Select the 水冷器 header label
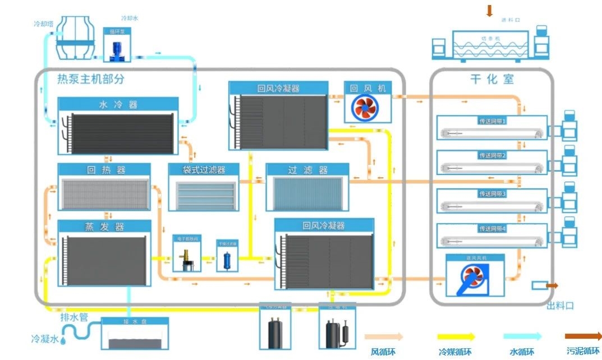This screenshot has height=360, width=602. [118, 104]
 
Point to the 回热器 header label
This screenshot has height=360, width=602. [104, 170]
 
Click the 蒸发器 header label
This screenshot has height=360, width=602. [104, 227]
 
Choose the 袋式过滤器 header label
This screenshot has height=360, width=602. [204, 169]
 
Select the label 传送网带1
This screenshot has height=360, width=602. [492, 121]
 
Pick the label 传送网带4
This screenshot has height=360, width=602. [492, 229]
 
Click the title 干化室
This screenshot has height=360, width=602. [491, 79]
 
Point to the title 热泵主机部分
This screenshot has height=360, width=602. [91, 79]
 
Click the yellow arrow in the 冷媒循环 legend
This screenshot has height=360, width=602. [456, 336]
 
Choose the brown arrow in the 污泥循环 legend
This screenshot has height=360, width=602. [583, 336]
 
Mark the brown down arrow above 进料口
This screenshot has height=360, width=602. [489, 10]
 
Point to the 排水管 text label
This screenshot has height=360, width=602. [74, 318]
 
